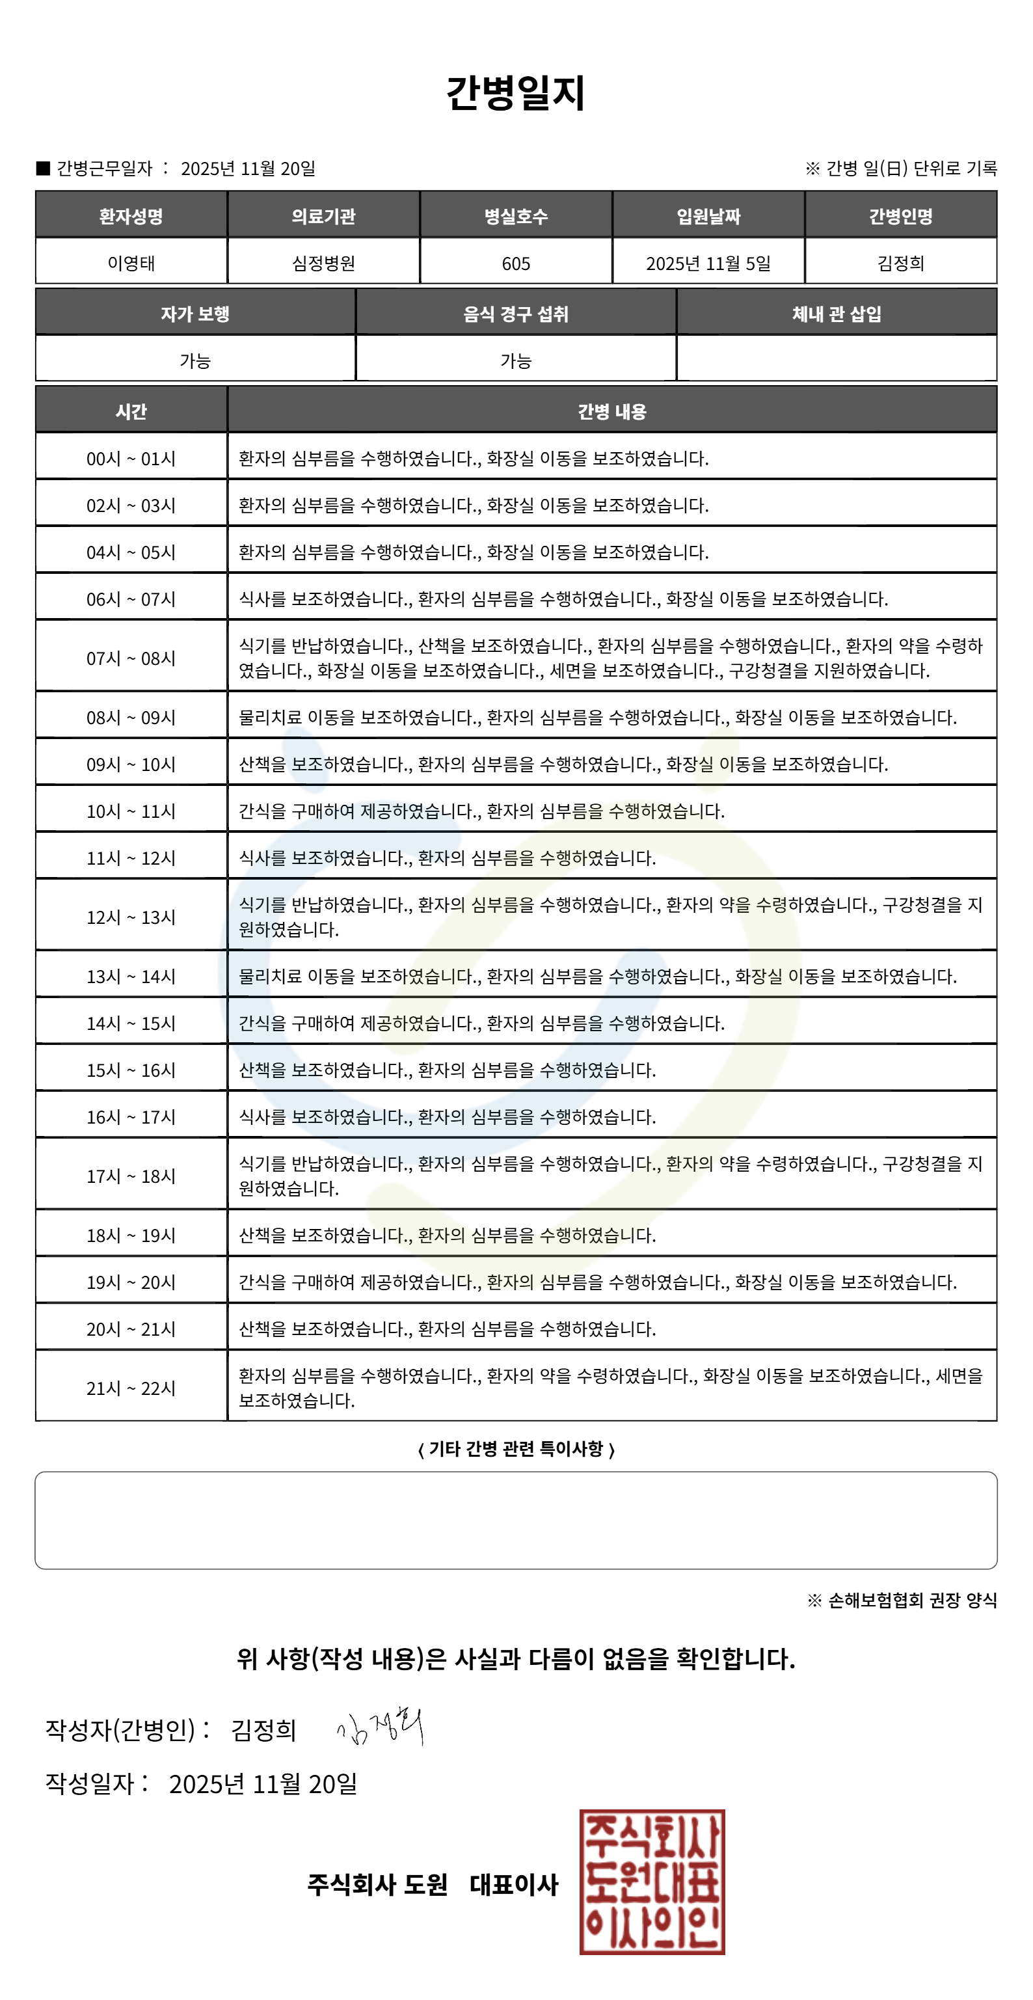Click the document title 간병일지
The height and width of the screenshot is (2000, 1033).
pos(515,93)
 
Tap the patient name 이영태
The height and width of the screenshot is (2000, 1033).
pos(131,264)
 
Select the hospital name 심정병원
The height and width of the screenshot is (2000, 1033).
pos(324,264)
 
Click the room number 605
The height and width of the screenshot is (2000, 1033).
pos(515,264)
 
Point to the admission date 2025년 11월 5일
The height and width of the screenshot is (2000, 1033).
pos(708,264)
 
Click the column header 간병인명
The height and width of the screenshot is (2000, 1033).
pos(900,216)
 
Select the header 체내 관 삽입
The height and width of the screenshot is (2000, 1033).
pos(836,314)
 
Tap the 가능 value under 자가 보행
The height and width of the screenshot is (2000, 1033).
pos(195,360)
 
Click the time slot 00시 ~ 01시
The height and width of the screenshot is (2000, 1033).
pos(131,459)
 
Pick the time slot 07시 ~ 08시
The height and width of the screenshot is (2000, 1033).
pos(131,658)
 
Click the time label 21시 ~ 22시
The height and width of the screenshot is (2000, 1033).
pos(131,1388)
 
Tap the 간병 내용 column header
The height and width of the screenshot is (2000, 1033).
pos(611,411)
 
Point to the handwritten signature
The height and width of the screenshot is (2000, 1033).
pos(381,1727)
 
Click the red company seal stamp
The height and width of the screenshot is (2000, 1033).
pos(652,1881)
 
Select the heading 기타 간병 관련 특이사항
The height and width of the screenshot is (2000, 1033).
pos(515,1449)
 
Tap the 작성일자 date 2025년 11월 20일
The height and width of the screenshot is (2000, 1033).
pos(262,1783)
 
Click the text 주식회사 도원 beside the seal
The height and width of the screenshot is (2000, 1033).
pos(377,1884)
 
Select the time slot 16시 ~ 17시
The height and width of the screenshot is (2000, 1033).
pos(131,1116)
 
